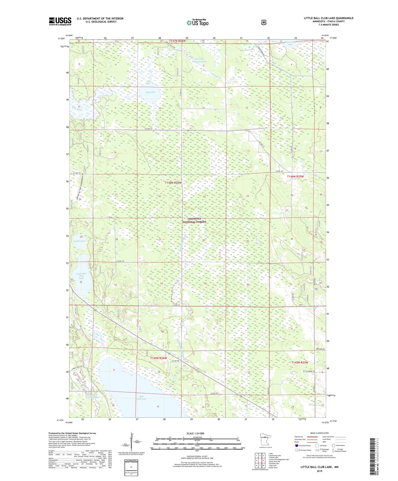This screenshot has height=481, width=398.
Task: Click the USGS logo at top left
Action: point(60,21)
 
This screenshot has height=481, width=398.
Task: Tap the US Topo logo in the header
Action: point(197,23)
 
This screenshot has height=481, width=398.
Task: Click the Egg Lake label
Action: point(150,92)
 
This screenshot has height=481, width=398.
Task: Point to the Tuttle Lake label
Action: point(80,241)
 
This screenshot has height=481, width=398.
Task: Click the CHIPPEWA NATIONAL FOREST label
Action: point(194,220)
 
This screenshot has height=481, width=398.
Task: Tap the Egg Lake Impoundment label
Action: point(201,60)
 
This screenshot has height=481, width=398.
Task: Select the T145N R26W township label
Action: point(158,358)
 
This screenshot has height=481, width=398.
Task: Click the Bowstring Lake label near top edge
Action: point(290,43)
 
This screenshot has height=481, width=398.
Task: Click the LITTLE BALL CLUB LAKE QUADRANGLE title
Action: point(328,18)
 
